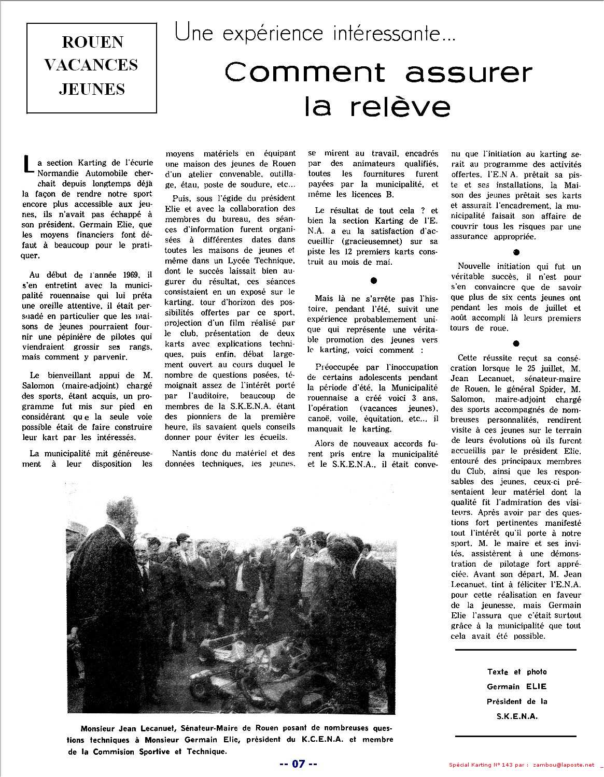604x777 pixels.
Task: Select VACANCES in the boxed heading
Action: click(92, 65)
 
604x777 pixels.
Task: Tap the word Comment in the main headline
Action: click(306, 73)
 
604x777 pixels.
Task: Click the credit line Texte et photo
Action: click(516, 672)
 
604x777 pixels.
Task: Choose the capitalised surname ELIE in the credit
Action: click(535, 687)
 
